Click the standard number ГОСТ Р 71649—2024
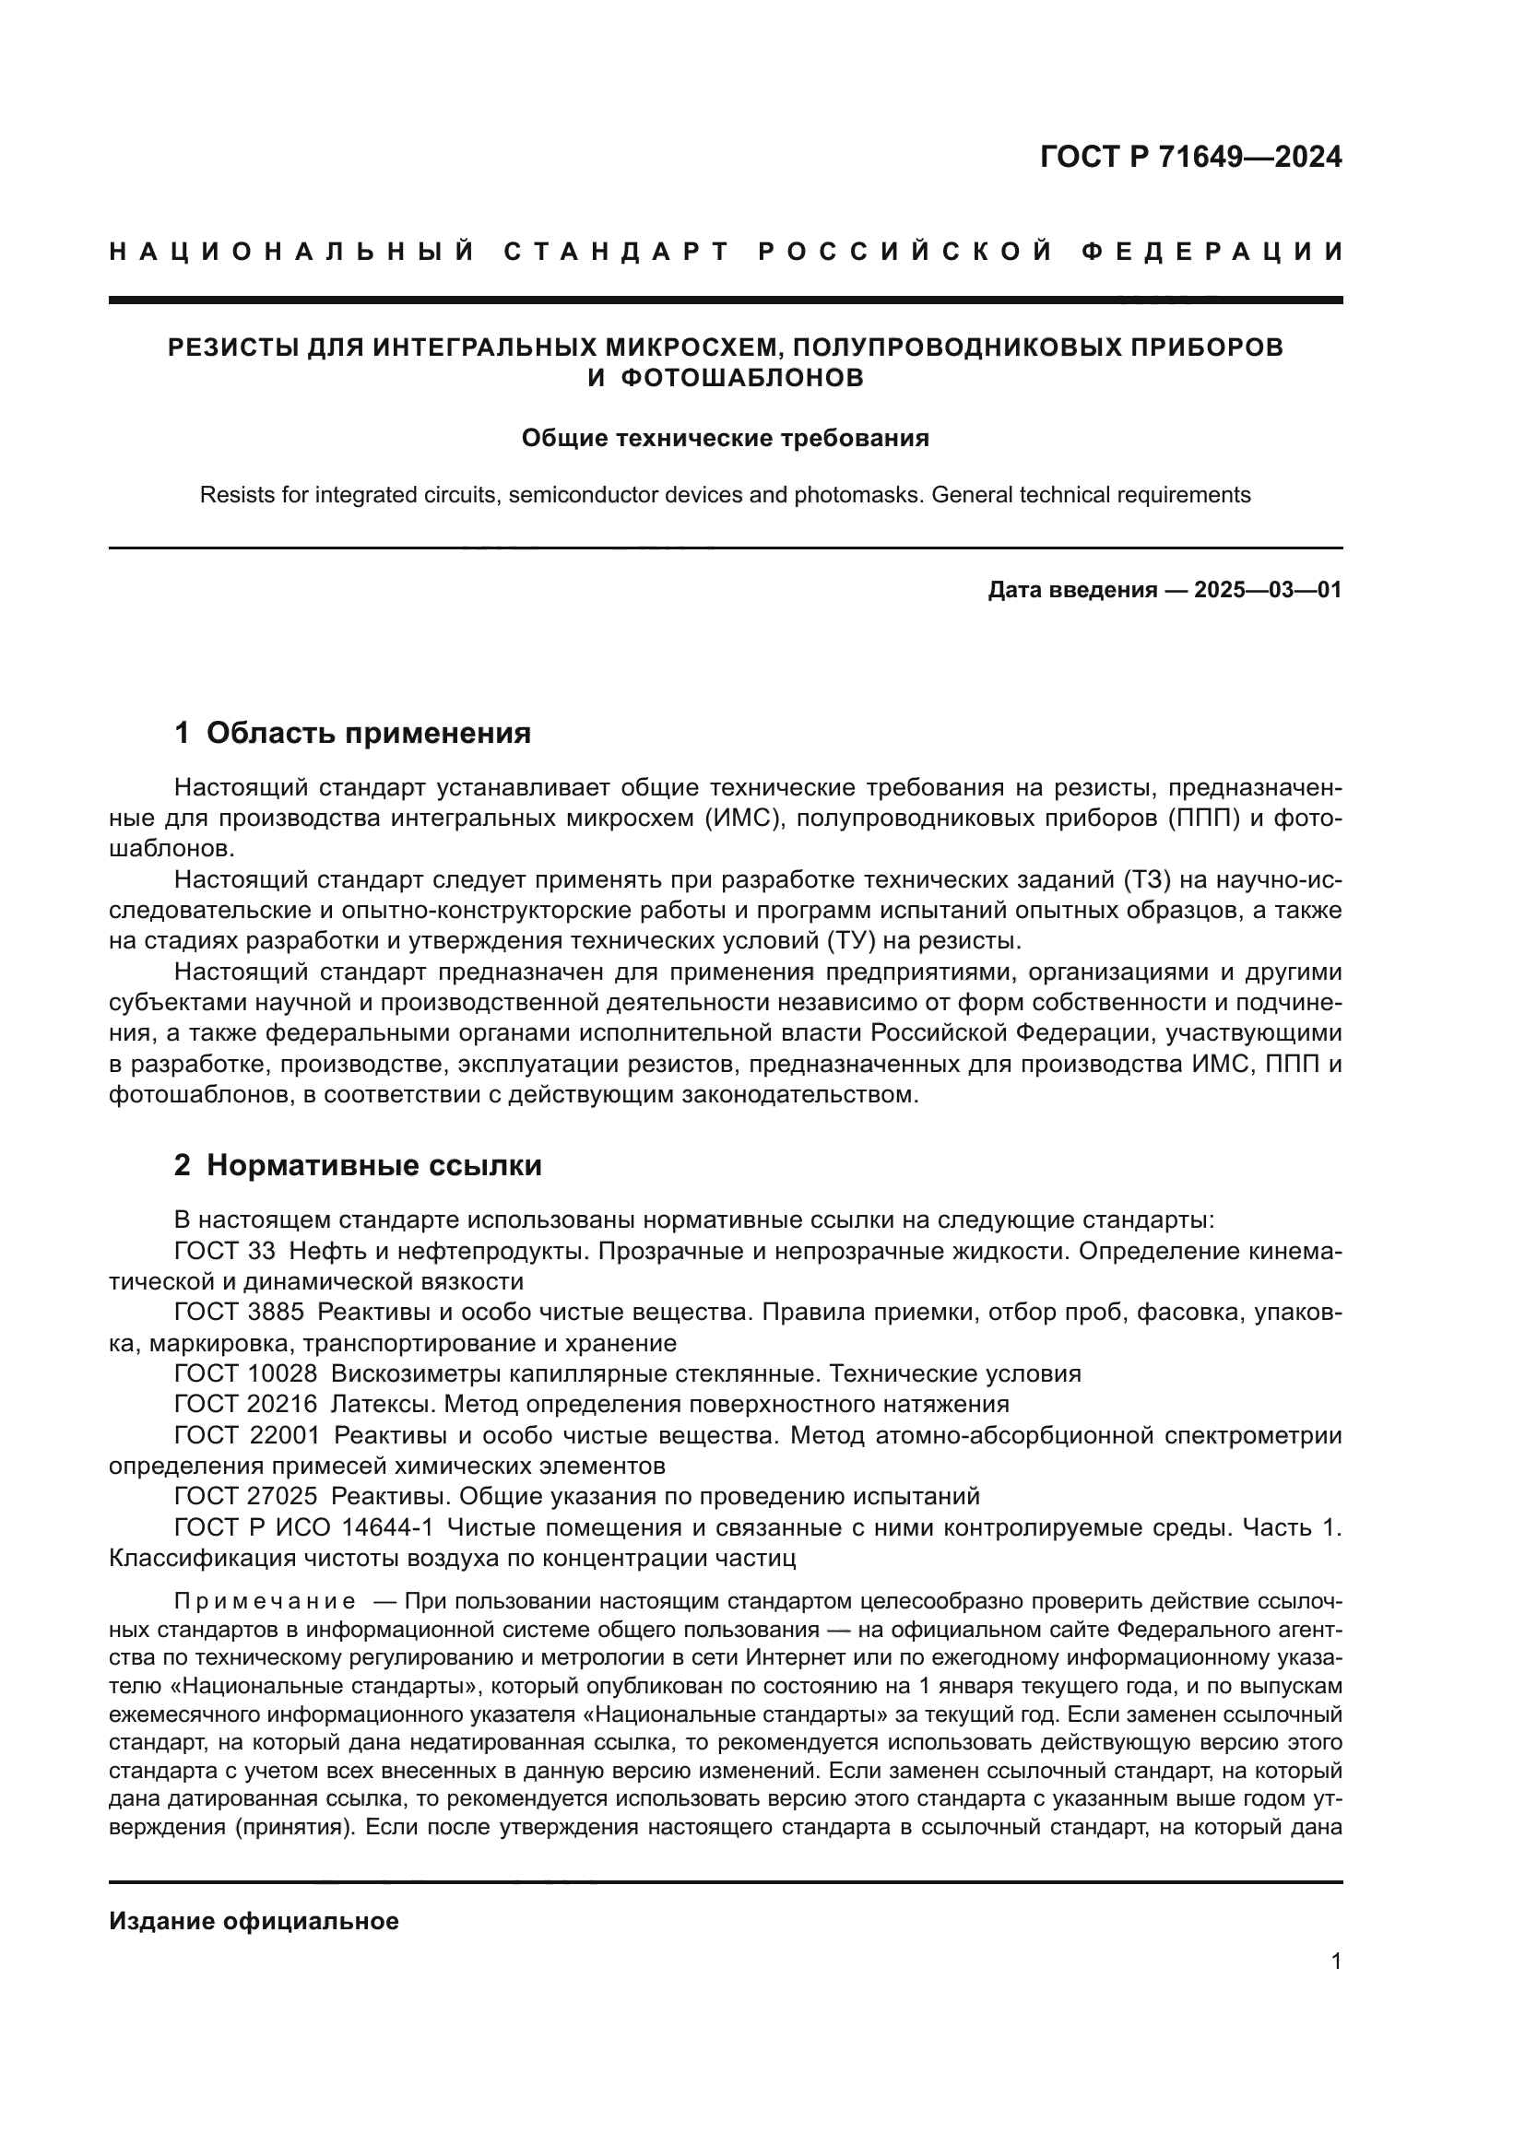click(x=1189, y=157)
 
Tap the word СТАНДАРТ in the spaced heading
click(x=616, y=252)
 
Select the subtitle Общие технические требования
click(x=725, y=439)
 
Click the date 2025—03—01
click(x=1267, y=591)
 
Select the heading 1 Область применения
click(x=352, y=733)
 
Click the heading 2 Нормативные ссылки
click(x=358, y=1165)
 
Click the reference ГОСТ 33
click(x=225, y=1251)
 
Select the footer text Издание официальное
click(x=254, y=1921)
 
